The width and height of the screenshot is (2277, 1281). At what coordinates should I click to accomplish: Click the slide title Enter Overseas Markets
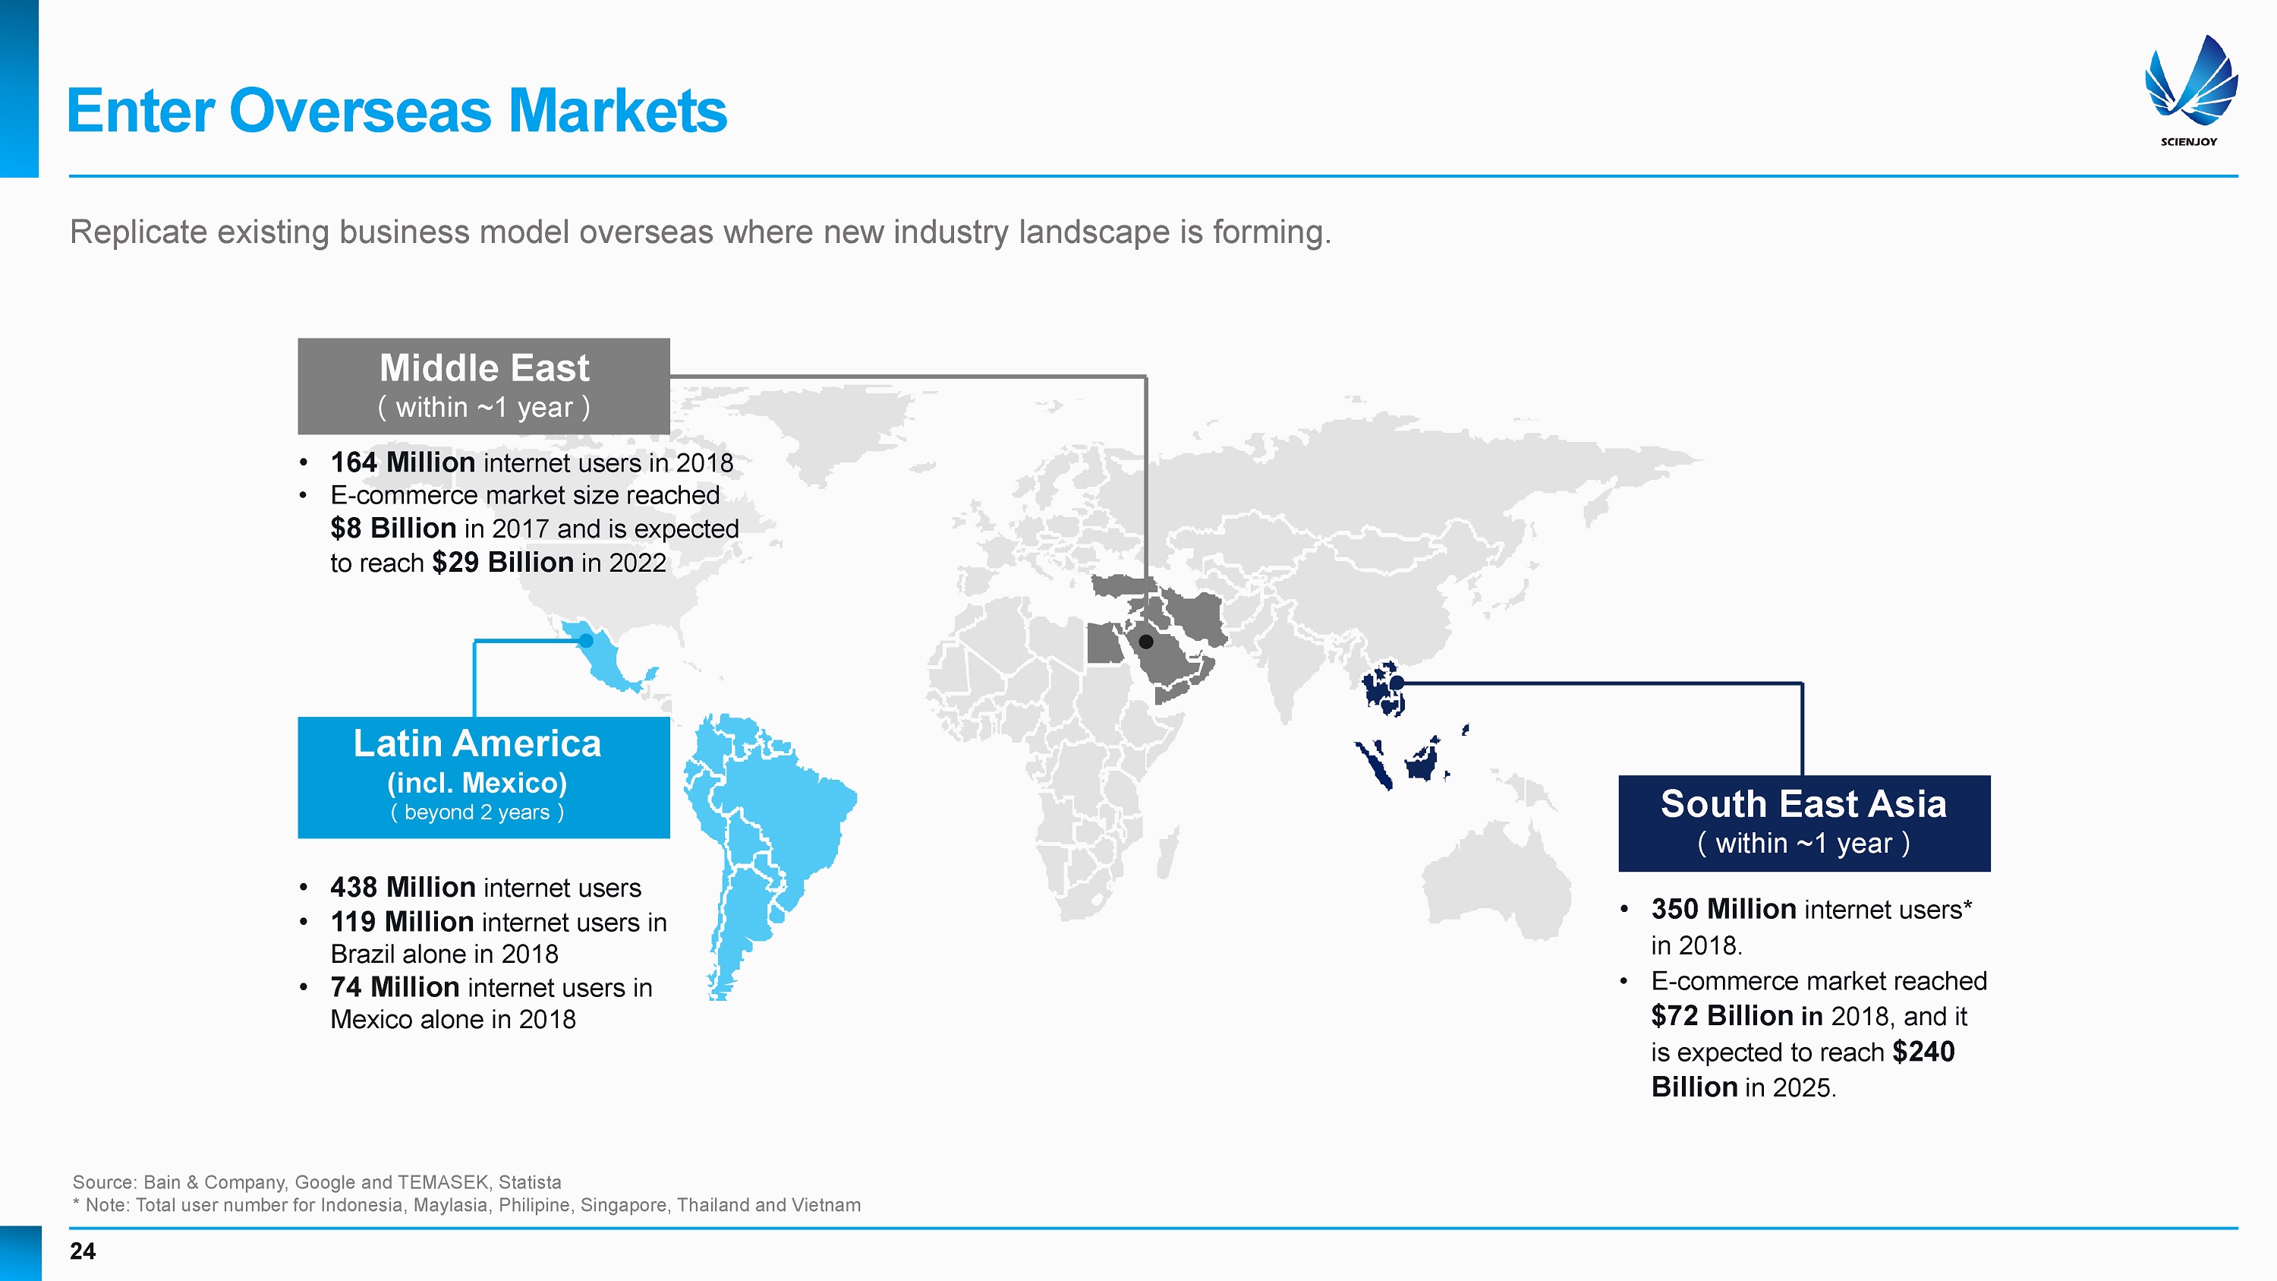(397, 112)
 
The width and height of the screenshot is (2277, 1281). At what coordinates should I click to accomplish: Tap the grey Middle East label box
(483, 387)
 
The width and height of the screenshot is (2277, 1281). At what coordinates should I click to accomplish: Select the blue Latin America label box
(483, 777)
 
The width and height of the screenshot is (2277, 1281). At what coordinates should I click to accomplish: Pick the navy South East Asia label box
(1804, 823)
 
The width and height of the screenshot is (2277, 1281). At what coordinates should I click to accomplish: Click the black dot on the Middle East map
(1145, 642)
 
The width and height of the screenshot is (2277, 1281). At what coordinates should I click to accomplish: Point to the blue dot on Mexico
(586, 641)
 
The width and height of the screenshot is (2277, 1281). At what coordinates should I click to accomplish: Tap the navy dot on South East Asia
(1397, 683)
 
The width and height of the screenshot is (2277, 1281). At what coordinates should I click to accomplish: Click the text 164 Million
(403, 462)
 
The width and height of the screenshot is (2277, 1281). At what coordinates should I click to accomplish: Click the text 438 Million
(403, 887)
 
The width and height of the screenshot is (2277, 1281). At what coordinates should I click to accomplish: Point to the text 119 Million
(402, 921)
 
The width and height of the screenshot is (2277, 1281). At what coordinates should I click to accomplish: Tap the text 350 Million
(1724, 909)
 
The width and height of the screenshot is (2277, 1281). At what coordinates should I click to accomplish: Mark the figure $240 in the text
(1923, 1051)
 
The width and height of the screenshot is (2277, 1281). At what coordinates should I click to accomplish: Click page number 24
(82, 1251)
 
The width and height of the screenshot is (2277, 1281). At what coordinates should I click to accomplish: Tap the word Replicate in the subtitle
(139, 232)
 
